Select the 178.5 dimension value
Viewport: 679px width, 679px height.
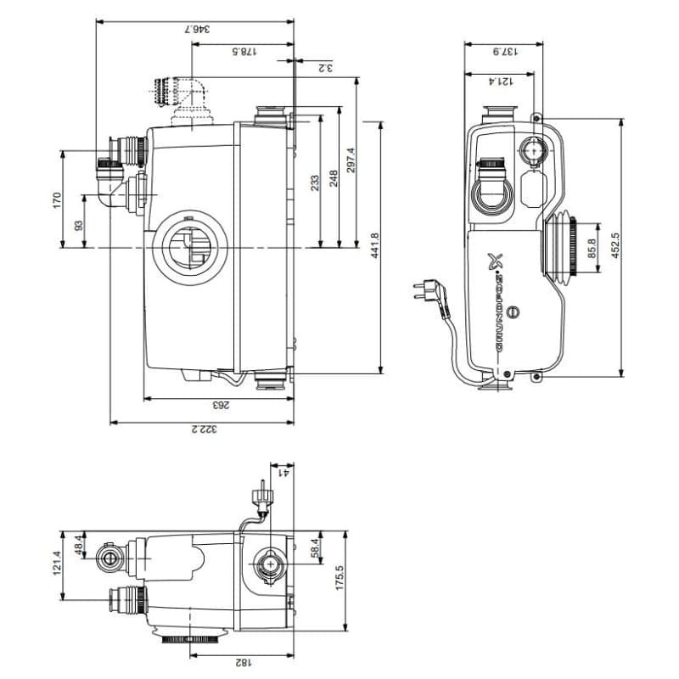(x=244, y=53)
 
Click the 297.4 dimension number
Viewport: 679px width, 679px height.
(x=351, y=161)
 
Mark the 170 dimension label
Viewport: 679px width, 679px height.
(x=58, y=200)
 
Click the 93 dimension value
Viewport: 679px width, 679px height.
(x=79, y=225)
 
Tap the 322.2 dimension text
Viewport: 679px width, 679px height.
(x=204, y=429)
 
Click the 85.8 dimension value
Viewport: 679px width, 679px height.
(x=592, y=250)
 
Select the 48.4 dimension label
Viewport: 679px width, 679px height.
(x=80, y=544)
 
